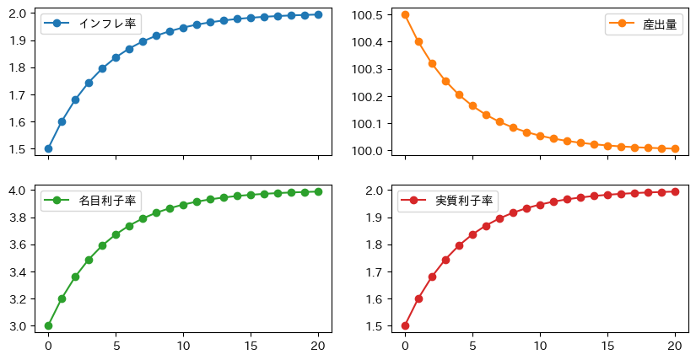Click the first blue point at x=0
[48, 148]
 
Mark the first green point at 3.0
[48, 325]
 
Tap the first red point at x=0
[405, 325]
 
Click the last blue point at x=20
[318, 14]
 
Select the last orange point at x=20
[675, 148]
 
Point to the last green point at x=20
[318, 191]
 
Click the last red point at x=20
[675, 191]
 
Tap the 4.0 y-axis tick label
[22, 191]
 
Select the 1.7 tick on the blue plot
[22, 95]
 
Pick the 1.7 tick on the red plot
[379, 271]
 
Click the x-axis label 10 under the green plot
[183, 344]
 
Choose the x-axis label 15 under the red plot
[607, 344]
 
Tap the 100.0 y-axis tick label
[370, 151]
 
